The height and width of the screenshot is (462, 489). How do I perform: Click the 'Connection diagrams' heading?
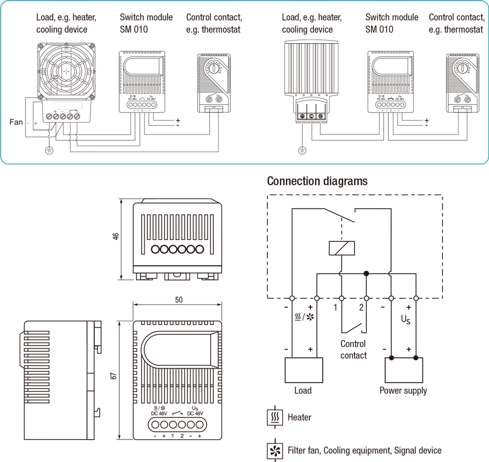pos(317,181)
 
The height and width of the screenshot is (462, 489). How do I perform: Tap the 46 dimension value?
pos(116,237)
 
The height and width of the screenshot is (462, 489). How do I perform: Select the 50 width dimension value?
pos(178,300)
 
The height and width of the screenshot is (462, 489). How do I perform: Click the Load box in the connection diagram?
pos(304,370)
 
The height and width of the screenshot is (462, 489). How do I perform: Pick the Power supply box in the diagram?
pos(403,370)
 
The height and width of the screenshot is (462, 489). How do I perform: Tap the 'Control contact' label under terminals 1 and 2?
pos(354,350)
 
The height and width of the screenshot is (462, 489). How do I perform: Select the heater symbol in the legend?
pos(275,418)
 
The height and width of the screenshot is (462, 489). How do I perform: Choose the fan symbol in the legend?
pos(275,450)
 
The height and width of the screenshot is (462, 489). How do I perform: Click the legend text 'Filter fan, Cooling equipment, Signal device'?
pos(364,450)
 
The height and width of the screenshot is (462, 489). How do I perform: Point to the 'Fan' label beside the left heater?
pos(16,122)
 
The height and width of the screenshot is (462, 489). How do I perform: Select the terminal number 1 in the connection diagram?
pos(335,308)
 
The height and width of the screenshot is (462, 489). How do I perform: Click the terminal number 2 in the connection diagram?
pos(361,308)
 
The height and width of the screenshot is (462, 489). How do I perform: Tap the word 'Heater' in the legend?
pos(299,418)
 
